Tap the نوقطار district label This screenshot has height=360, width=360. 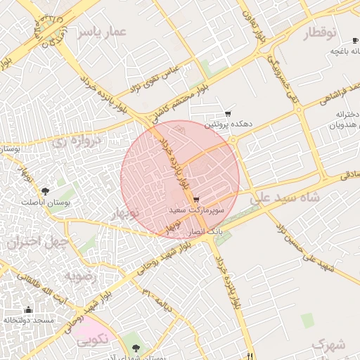pyautogui.click(x=321, y=34)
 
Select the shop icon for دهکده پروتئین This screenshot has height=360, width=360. pyautogui.click(x=228, y=114)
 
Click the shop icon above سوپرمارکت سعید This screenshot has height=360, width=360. pyautogui.click(x=195, y=200)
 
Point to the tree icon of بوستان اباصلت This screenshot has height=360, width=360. pyautogui.click(x=46, y=191)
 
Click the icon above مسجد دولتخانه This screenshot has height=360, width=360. pyautogui.click(x=28, y=310)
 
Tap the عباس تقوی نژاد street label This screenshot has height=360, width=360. pyautogui.click(x=155, y=78)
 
